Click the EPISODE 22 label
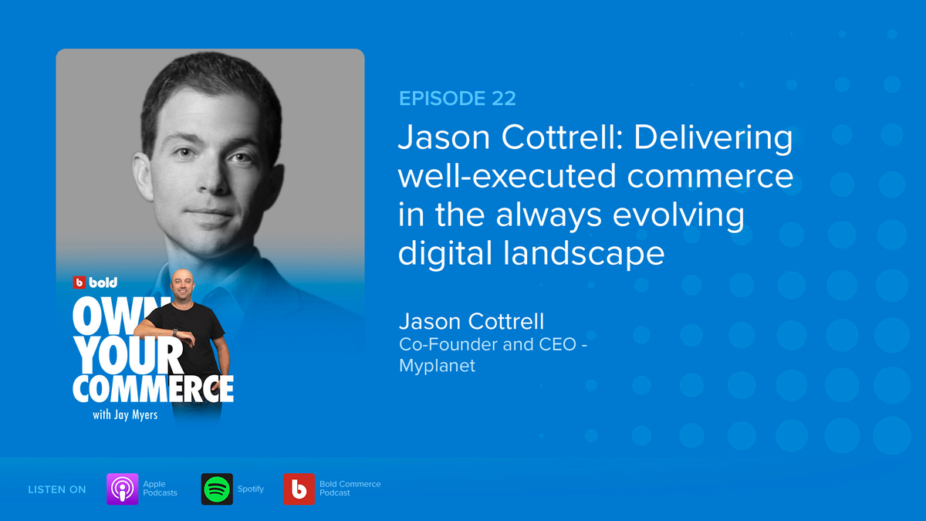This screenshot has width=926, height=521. (x=457, y=98)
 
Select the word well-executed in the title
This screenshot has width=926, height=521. (x=506, y=177)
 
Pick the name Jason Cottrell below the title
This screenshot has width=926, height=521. (x=471, y=321)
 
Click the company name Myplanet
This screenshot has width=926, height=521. (x=437, y=366)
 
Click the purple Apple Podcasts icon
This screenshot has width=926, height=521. (x=122, y=489)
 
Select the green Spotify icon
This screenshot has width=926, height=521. (x=217, y=489)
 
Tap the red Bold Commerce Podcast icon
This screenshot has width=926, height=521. (x=299, y=489)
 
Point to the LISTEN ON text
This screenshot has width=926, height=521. (x=57, y=489)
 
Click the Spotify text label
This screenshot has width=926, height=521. (x=251, y=489)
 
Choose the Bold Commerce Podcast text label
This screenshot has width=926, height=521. (x=350, y=489)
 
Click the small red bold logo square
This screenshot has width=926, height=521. (x=79, y=282)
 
